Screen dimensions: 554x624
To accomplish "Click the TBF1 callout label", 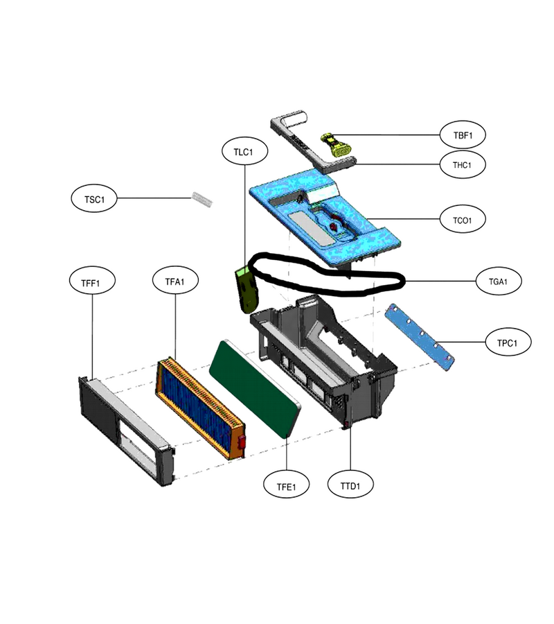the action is tap(463, 135).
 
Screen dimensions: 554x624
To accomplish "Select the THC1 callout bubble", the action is tap(463, 165).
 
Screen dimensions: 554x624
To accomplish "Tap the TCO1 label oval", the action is tap(463, 220).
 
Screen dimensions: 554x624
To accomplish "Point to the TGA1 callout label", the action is tap(499, 281).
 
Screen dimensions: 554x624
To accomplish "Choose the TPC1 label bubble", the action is tap(508, 343).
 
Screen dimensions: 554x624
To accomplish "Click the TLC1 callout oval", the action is tap(245, 151).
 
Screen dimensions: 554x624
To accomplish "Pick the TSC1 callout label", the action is tap(94, 198).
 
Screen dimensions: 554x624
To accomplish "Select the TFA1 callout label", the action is tap(175, 281).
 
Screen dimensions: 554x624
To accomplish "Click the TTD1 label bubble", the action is tap(350, 485).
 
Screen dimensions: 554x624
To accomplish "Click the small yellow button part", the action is tap(336, 146).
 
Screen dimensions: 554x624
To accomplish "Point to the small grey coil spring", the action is tap(202, 199).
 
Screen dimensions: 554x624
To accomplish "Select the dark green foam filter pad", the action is tap(255, 388).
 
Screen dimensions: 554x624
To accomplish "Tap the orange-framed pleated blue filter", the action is tap(200, 408).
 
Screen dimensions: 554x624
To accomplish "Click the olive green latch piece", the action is tap(247, 290).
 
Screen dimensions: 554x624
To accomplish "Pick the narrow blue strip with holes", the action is tap(420, 338).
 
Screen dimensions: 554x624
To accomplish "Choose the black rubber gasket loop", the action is tap(326, 275).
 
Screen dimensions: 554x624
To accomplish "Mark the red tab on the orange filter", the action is tap(241, 442).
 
